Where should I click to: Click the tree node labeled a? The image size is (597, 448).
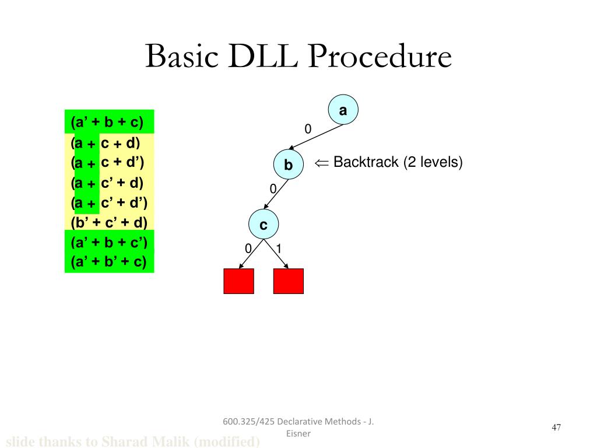[x=343, y=110]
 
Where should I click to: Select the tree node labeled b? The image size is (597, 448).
[x=289, y=165]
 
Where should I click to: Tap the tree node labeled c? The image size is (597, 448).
[x=264, y=225]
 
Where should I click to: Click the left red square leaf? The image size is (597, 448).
[x=238, y=281]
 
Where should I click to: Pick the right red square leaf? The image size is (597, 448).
[x=289, y=281]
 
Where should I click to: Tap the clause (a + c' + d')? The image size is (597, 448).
[x=108, y=202]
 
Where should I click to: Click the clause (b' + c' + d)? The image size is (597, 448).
[x=109, y=222]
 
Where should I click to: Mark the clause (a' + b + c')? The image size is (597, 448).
[x=109, y=242]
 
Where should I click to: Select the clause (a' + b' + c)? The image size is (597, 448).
[x=109, y=262]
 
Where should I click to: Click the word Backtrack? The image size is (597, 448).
[x=366, y=162]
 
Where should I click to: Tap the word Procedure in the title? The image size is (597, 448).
[x=380, y=57]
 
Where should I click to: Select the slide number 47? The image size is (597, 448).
[x=556, y=428]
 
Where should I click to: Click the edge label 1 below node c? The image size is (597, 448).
[x=279, y=249]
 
